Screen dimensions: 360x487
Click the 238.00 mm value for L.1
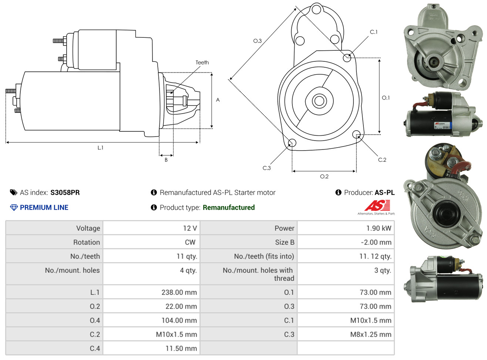pyautogui.click(x=179, y=292)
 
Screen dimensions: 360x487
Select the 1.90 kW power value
pyautogui.click(x=379, y=228)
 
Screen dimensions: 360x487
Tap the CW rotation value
pyautogui.click(x=190, y=242)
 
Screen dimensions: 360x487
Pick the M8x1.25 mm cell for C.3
pyautogui.click(x=370, y=334)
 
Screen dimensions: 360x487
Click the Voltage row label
pyautogui.click(x=88, y=228)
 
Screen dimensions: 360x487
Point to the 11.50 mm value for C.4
pyautogui.click(x=181, y=349)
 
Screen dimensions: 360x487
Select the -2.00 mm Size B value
pyautogui.click(x=376, y=242)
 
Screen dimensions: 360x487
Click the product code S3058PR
pyautogui.click(x=65, y=192)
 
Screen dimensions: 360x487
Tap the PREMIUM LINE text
pyautogui.click(x=44, y=208)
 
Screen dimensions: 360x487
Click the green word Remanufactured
pyautogui.click(x=229, y=208)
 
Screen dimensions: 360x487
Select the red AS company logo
pyautogui.click(x=377, y=206)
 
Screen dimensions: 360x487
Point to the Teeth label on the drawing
pyautogui.click(x=202, y=63)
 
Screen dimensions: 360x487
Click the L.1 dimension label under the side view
pyautogui.click(x=100, y=148)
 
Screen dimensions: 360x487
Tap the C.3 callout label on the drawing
pyautogui.click(x=266, y=168)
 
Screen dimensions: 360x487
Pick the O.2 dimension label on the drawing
pyautogui.click(x=324, y=176)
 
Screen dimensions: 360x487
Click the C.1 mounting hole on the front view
pyautogui.click(x=347, y=57)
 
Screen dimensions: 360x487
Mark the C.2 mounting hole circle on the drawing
pyautogui.click(x=356, y=134)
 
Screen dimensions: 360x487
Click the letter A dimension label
pyautogui.click(x=218, y=100)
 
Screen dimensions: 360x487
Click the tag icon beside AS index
pyautogui.click(x=13, y=192)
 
